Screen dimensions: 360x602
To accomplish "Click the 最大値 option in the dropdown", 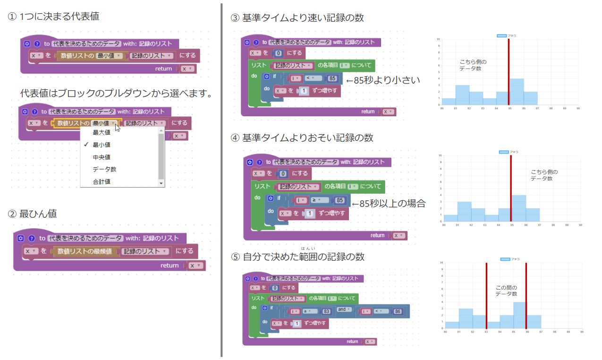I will [102, 133].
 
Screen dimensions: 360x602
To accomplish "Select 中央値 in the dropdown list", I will [102, 157].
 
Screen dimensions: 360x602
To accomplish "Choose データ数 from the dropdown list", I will [104, 170].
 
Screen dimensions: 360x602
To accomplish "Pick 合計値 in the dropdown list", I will [102, 182].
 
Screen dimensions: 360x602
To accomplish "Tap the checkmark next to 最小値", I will [86, 145].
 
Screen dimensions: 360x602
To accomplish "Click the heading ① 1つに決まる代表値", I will [54, 17].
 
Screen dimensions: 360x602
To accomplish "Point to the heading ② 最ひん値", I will [33, 214].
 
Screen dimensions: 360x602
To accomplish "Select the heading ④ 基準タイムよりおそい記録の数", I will [302, 138].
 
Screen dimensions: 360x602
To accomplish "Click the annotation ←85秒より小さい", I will [383, 80].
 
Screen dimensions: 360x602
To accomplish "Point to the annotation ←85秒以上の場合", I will [389, 204].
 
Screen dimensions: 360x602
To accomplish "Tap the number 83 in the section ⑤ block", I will [325, 311].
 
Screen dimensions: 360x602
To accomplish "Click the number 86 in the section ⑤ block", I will [397, 312].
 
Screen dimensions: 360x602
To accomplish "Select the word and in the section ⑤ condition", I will [342, 310].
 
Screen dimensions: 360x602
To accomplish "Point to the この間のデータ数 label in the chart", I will [506, 291].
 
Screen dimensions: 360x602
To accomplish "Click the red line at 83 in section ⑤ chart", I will [486, 295].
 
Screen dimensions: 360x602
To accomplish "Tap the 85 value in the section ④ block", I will [339, 200].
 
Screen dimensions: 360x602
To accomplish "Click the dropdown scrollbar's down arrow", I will [161, 183].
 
